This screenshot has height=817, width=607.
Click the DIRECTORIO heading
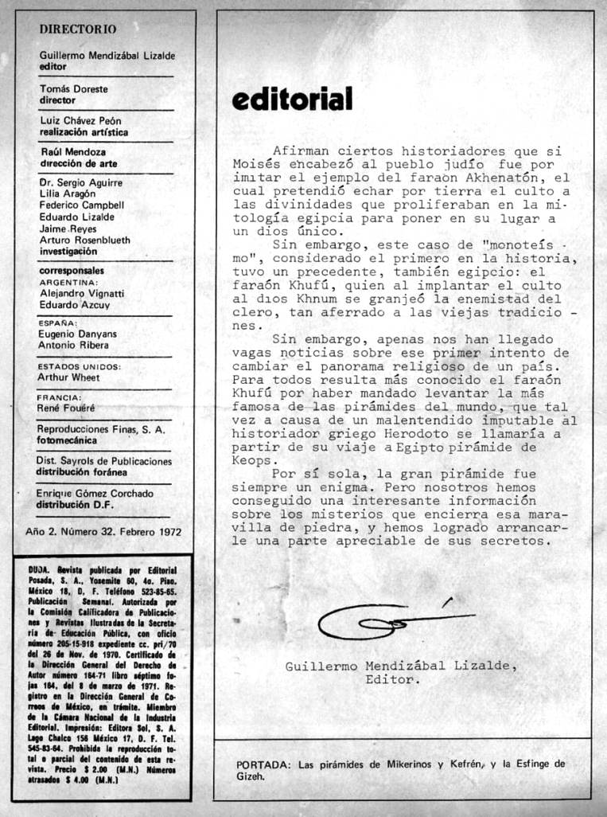(78, 29)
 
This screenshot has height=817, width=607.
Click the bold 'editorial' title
(291, 100)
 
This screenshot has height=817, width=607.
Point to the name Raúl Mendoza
(73, 151)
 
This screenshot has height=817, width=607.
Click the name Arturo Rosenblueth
(85, 240)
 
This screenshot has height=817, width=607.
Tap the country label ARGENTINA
(68, 282)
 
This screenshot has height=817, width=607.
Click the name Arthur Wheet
(69, 377)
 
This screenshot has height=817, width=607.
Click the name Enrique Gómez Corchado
(95, 494)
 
